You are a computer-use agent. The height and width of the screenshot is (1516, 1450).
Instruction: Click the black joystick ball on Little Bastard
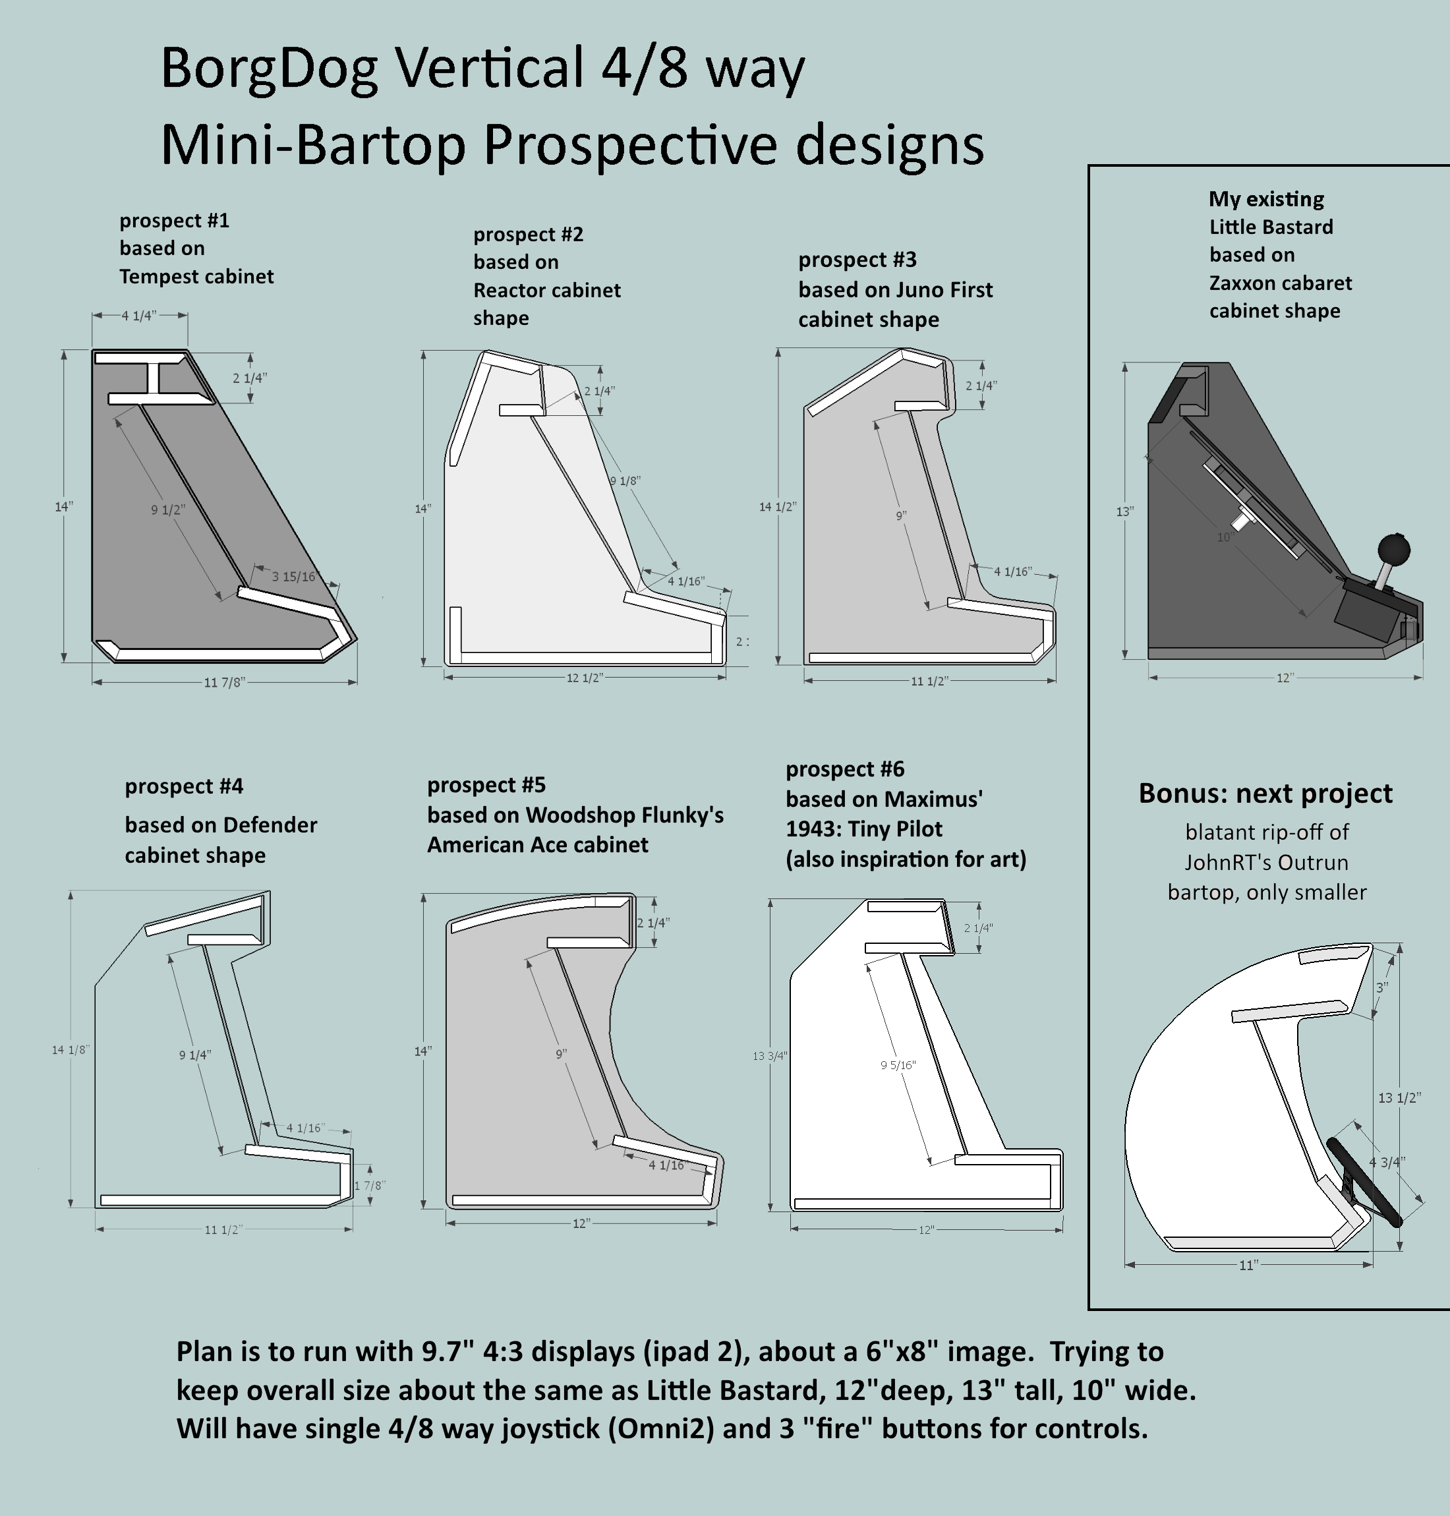[x=1393, y=550]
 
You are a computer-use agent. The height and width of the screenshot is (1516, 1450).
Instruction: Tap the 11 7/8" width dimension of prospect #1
[x=224, y=683]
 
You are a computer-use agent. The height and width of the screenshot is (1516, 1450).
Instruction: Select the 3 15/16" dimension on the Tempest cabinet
[x=294, y=577]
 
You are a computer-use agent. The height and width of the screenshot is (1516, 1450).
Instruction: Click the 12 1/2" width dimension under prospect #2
[x=585, y=678]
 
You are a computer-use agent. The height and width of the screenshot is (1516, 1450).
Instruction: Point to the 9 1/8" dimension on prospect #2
[x=625, y=481]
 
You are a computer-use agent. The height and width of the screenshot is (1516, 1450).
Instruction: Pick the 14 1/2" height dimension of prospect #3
[x=777, y=507]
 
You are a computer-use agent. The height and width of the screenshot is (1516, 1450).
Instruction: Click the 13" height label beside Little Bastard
[x=1124, y=511]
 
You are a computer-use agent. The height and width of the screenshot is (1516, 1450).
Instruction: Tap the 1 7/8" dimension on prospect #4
[x=370, y=1185]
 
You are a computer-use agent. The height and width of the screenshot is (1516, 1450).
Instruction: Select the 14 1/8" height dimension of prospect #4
[x=71, y=1050]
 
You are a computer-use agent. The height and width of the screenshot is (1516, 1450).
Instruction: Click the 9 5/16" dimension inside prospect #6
[x=898, y=1065]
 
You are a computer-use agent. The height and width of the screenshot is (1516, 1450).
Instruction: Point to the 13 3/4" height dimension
[x=770, y=1056]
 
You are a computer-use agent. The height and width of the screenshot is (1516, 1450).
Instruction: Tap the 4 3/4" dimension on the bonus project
[x=1387, y=1162]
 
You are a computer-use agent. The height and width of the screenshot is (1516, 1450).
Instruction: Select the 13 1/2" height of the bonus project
[x=1399, y=1097]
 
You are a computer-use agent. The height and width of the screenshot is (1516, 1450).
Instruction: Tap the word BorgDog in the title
[x=269, y=70]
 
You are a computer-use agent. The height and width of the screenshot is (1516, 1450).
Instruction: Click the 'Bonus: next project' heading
[x=1265, y=794]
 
